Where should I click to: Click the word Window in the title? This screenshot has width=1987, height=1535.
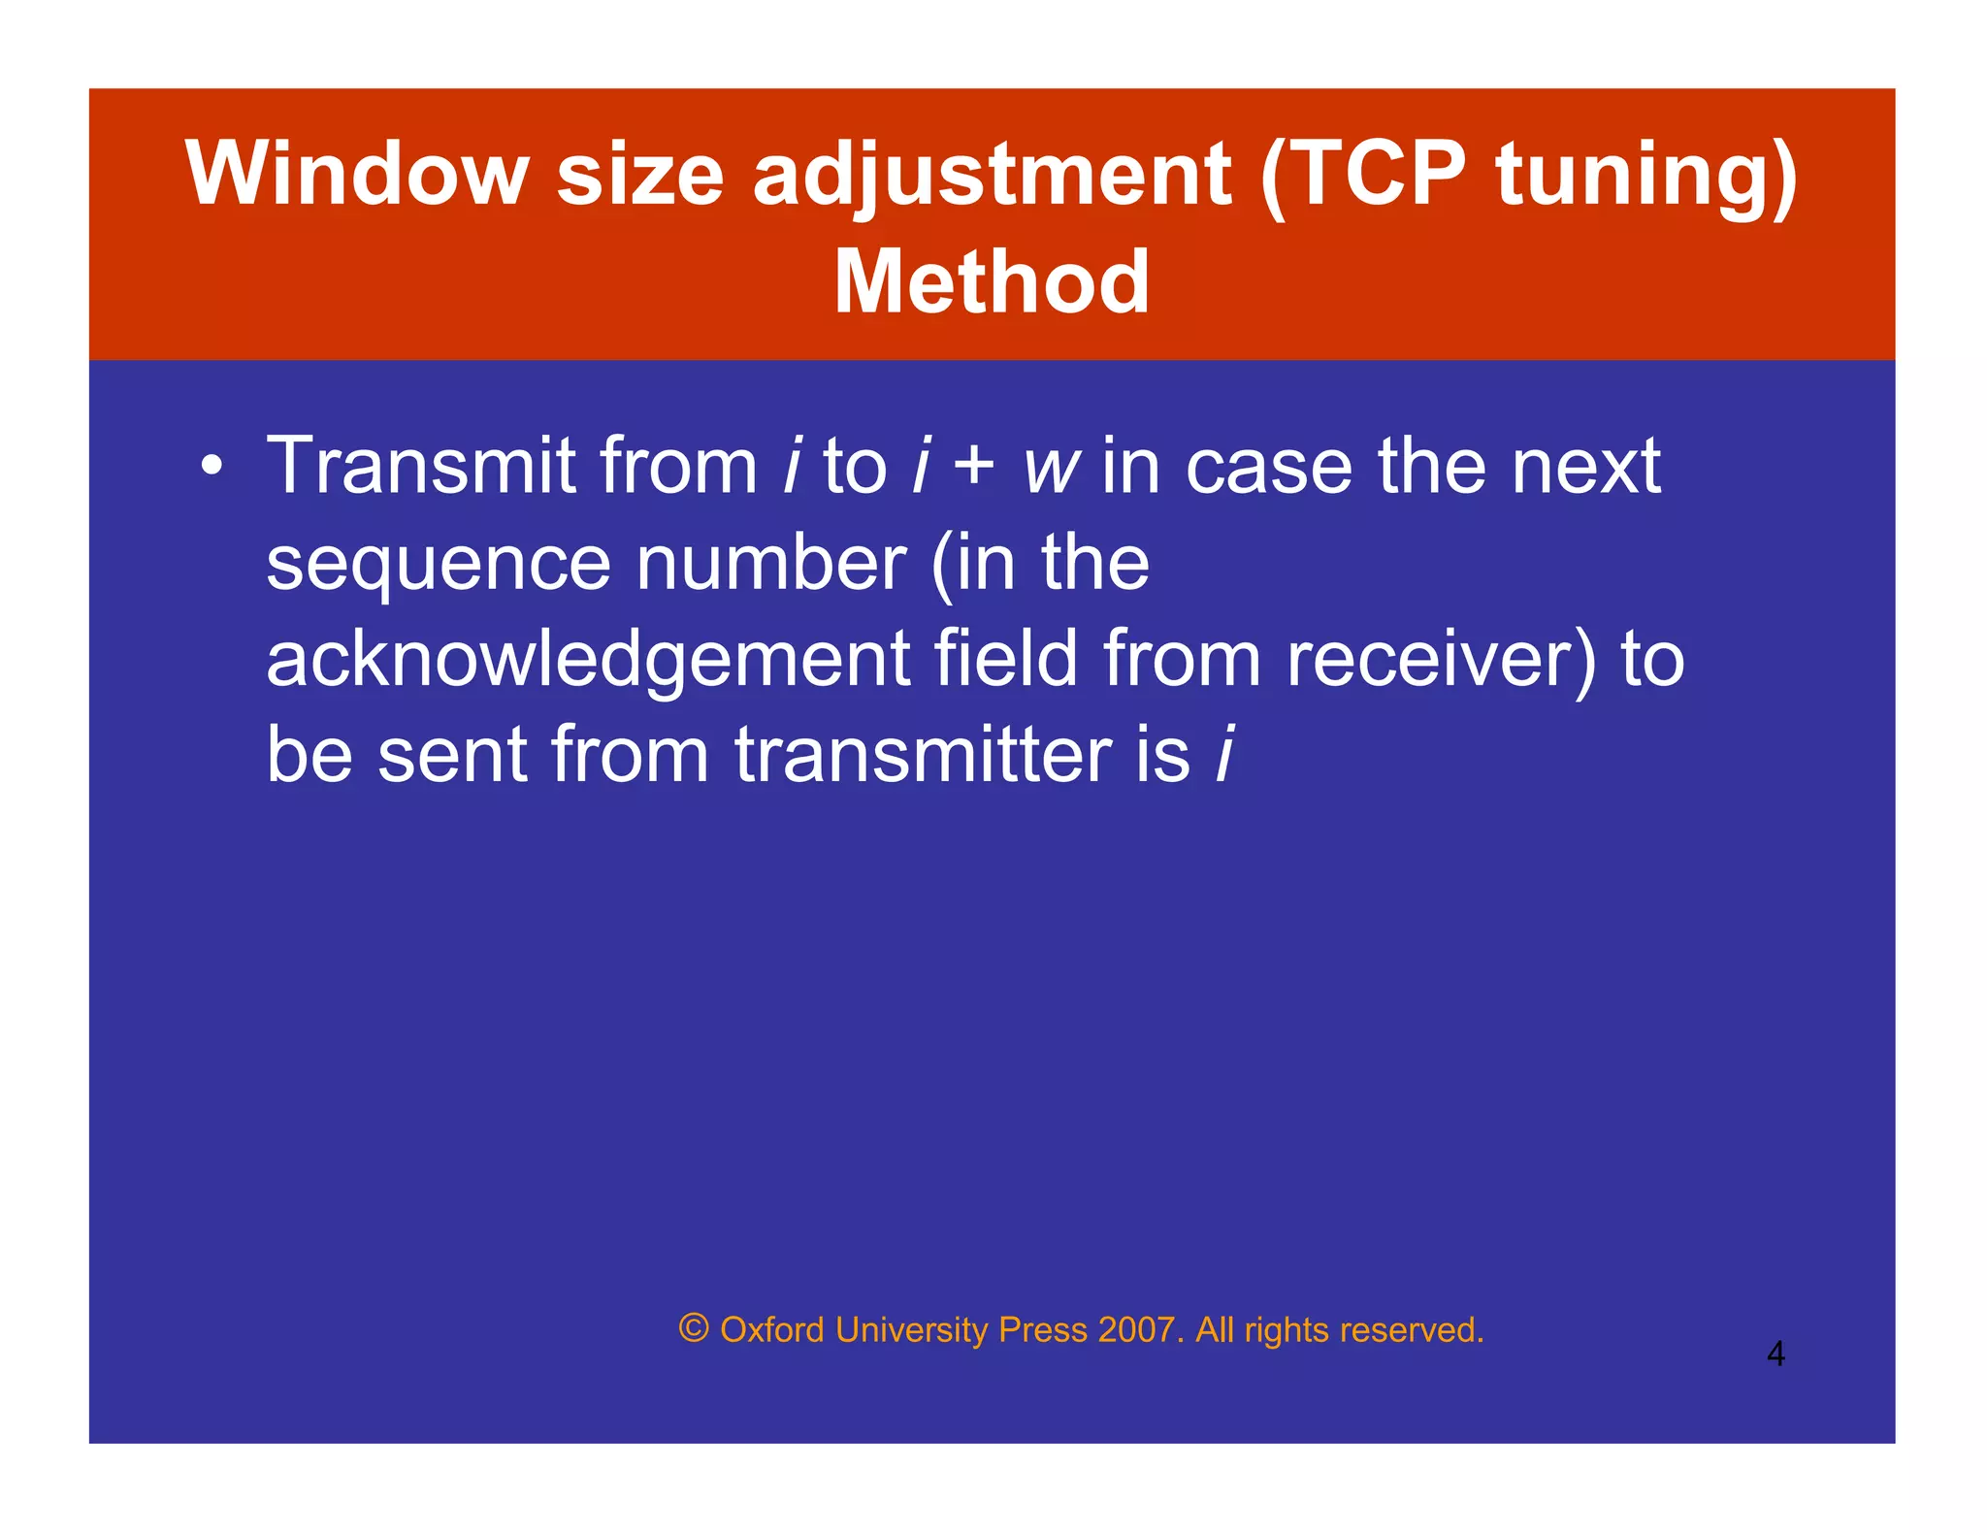coord(356,175)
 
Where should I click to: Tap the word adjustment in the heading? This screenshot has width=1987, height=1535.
coord(992,175)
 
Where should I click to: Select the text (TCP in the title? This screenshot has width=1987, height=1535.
coord(1365,175)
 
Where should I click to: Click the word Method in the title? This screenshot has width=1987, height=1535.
coord(992,282)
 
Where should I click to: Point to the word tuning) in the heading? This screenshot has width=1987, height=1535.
coord(1646,175)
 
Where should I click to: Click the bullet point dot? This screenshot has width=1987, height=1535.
coord(212,467)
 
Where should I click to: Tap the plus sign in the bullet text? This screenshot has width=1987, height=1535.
coord(973,467)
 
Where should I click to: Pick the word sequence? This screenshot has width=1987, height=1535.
coord(438,564)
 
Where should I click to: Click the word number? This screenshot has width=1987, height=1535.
coord(771,564)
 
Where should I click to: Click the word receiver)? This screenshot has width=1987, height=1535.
coord(1440,660)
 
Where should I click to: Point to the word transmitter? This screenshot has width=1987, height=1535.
coord(923,756)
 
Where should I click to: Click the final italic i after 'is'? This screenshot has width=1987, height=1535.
coord(1224,756)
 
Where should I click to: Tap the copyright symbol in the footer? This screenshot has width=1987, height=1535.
coord(694,1327)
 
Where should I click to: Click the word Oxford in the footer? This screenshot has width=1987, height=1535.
coord(771,1329)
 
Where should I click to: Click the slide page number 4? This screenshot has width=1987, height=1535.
coord(1775,1354)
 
